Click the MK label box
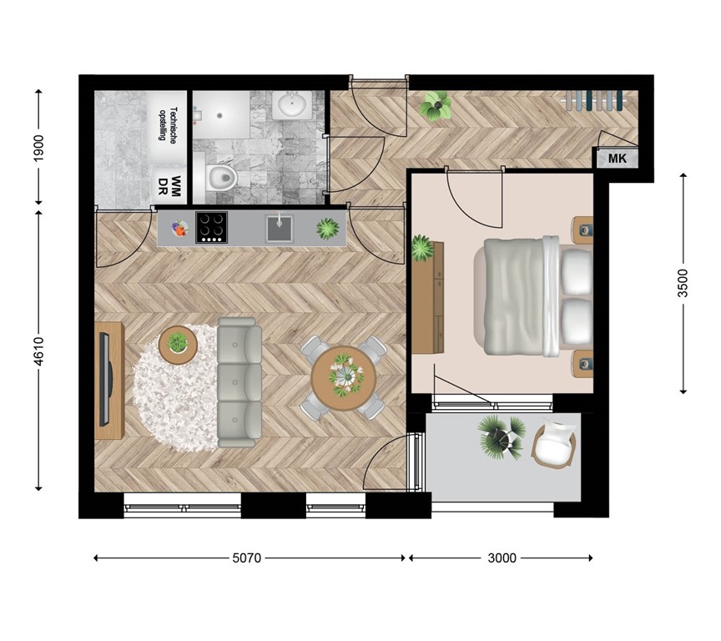pyautogui.click(x=617, y=159)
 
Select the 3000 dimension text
pyautogui.click(x=501, y=558)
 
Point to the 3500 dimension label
pyautogui.click(x=683, y=284)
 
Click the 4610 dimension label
pyautogui.click(x=38, y=351)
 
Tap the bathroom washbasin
pyautogui.click(x=292, y=105)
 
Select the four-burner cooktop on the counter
pyautogui.click(x=211, y=227)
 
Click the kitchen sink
pyautogui.click(x=279, y=228)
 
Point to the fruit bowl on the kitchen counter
pyautogui.click(x=179, y=228)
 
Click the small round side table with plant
pyautogui.click(x=177, y=342)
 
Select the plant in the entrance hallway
pyautogui.click(x=436, y=106)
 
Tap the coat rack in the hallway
pyautogui.click(x=593, y=100)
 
